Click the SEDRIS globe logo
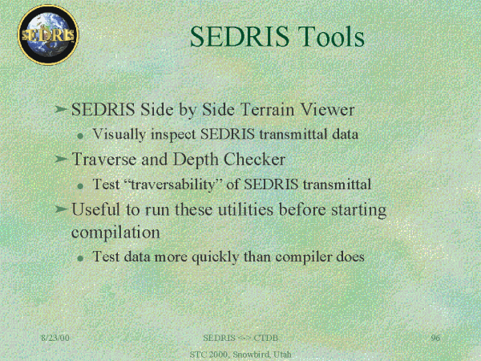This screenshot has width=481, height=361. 48,34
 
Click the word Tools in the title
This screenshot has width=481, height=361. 331,37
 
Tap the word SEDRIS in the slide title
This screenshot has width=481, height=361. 239,37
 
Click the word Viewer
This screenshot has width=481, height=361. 327,109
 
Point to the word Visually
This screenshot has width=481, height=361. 119,135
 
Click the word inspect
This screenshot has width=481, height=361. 173,135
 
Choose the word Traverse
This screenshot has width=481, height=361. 103,160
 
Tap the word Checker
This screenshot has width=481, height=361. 254,160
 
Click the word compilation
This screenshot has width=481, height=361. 115,233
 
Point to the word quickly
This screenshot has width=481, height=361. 215,258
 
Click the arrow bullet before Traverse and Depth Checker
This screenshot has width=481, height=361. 61,159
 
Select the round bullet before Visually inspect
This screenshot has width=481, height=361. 80,136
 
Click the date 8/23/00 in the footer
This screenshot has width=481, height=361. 55,338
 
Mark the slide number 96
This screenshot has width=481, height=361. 435,338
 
